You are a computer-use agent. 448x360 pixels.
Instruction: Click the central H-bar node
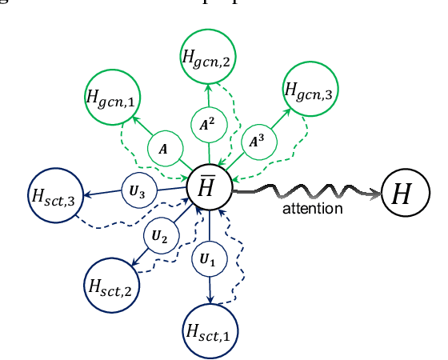tap(210, 189)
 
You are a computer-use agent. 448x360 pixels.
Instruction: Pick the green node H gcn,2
tap(207, 56)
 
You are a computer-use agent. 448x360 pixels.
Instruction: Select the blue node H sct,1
tap(212, 330)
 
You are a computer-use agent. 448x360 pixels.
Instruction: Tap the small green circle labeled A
tap(164, 149)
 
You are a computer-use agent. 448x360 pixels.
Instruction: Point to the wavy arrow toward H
tap(304, 191)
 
